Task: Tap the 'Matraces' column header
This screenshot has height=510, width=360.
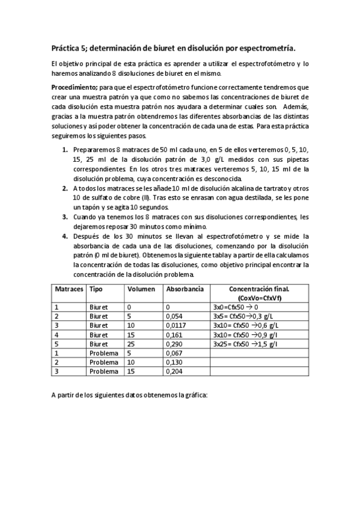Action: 69,289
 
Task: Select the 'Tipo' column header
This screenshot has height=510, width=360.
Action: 96,289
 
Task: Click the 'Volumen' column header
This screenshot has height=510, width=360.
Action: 141,289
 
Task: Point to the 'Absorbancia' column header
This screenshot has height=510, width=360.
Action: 185,289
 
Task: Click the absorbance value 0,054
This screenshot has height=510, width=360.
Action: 174,316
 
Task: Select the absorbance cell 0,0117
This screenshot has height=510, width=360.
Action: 176,325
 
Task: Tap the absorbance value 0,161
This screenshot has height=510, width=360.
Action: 174,334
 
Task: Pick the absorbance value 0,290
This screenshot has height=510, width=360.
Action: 174,343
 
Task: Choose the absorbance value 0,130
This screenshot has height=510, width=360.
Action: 174,362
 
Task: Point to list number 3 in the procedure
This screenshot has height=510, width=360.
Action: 65,217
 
